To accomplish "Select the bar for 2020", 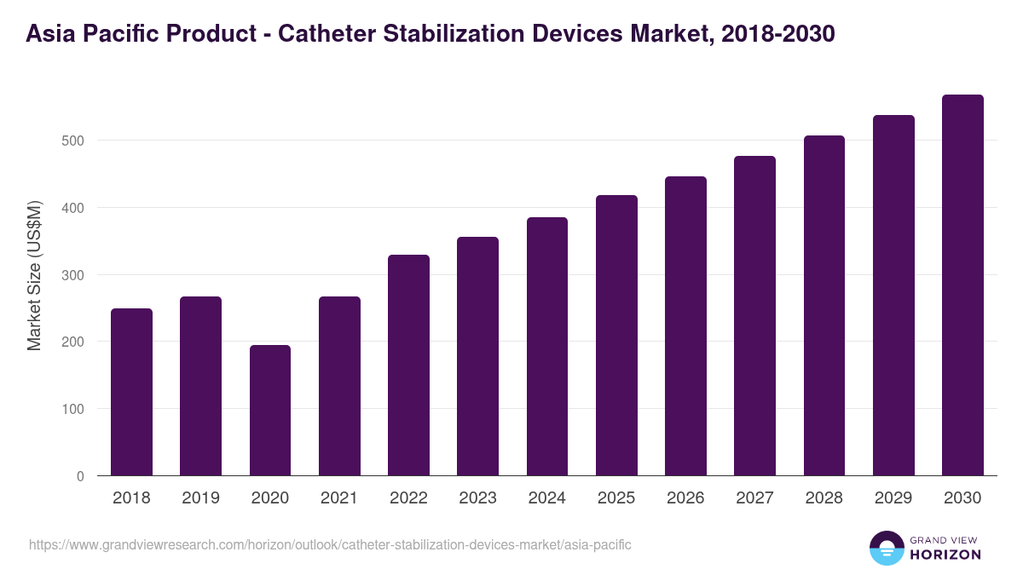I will click(x=270, y=411).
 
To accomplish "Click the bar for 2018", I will click(x=131, y=392).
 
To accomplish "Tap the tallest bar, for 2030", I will click(x=962, y=285).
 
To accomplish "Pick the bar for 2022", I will click(x=408, y=365).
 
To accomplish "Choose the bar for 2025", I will click(x=616, y=336).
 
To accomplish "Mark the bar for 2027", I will click(x=754, y=316).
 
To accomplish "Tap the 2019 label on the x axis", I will click(x=201, y=498).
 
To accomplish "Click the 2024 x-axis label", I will click(x=547, y=498).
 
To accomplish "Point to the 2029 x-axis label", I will click(x=893, y=498).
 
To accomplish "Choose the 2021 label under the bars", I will click(x=339, y=498).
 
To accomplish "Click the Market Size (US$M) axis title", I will click(x=34, y=275).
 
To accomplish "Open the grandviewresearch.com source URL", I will click(x=330, y=544).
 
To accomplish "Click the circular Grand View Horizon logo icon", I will click(x=887, y=548).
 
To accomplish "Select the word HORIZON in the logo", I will click(x=946, y=555).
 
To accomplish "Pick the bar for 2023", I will click(x=477, y=356).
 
